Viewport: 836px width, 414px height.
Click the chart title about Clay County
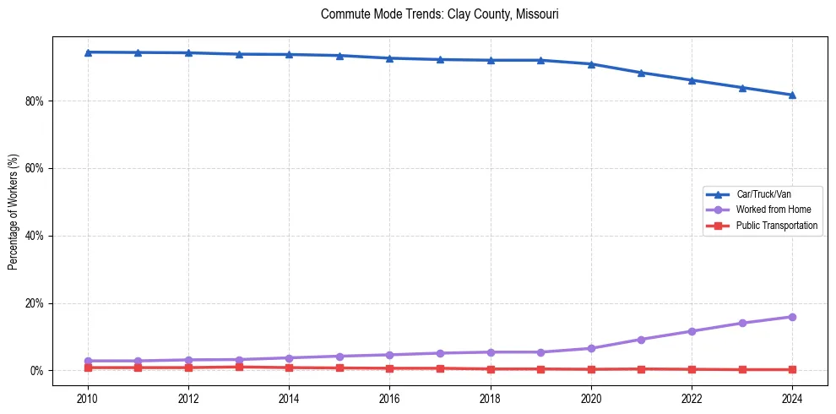pos(439,14)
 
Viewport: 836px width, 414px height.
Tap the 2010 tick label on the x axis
pos(87,398)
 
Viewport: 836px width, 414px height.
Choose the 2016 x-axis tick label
pos(389,398)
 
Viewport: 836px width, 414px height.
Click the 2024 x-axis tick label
pos(792,398)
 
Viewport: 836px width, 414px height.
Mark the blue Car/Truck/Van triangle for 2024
pos(792,95)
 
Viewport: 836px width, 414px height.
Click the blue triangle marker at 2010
pos(87,52)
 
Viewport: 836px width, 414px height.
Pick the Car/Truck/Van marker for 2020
pos(591,64)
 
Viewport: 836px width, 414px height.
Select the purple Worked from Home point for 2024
pos(792,317)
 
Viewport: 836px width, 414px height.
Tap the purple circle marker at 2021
pos(641,340)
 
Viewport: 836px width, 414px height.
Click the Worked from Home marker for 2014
pos(289,358)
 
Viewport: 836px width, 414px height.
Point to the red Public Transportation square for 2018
pos(490,369)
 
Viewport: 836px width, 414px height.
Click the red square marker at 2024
pos(792,369)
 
